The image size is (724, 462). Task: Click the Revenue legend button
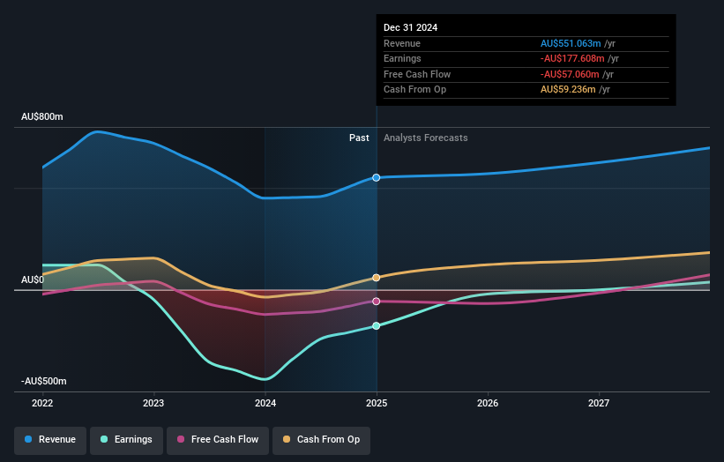pyautogui.click(x=50, y=439)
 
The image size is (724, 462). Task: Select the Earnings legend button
pyautogui.click(x=126, y=439)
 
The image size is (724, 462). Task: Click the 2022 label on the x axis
pyautogui.click(x=42, y=404)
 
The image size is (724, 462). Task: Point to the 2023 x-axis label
pyautogui.click(x=153, y=404)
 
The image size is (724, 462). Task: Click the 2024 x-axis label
pyautogui.click(x=265, y=404)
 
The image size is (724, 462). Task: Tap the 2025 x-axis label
pyautogui.click(x=377, y=404)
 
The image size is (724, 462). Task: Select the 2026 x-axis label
pyautogui.click(x=488, y=404)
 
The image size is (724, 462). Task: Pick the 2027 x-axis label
pyautogui.click(x=599, y=404)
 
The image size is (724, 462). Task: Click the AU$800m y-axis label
pyautogui.click(x=42, y=117)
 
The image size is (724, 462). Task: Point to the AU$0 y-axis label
pyautogui.click(x=34, y=279)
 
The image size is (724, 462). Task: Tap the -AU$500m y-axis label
pyautogui.click(x=44, y=381)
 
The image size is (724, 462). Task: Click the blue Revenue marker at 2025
pyautogui.click(x=377, y=177)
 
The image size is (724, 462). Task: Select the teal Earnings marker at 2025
pyautogui.click(x=377, y=326)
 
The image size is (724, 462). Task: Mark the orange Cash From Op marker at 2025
pyautogui.click(x=377, y=278)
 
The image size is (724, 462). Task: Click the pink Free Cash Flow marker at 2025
pyautogui.click(x=377, y=302)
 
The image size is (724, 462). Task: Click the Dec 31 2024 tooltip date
pyautogui.click(x=410, y=27)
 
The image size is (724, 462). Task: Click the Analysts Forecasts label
pyautogui.click(x=425, y=138)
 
